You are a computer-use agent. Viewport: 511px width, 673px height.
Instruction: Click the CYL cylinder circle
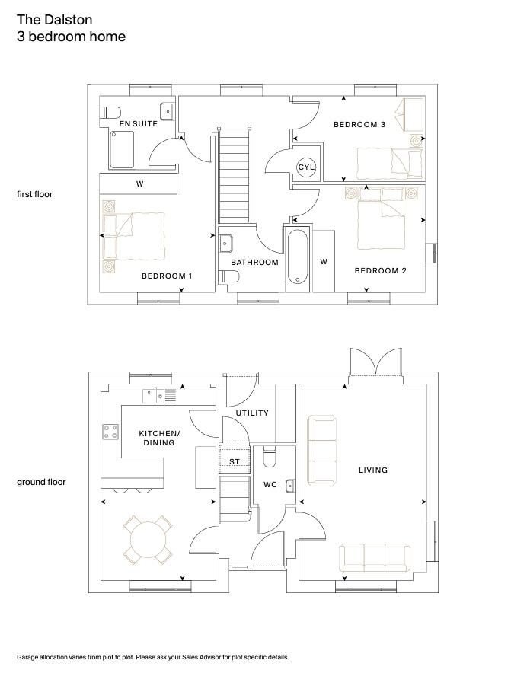pyautogui.click(x=305, y=167)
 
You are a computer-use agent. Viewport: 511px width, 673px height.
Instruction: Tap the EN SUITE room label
pyautogui.click(x=139, y=123)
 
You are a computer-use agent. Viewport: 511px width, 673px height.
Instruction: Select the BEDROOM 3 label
pyautogui.click(x=359, y=124)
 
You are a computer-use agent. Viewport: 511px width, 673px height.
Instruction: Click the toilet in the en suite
pyautogui.click(x=110, y=113)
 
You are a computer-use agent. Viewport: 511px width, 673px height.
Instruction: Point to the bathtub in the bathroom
pyautogui.click(x=297, y=257)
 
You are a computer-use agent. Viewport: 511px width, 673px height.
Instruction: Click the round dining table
pyautogui.click(x=149, y=540)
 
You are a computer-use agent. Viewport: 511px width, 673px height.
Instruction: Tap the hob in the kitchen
pyautogui.click(x=110, y=432)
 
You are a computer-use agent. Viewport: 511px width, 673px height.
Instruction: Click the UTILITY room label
pyautogui.click(x=252, y=413)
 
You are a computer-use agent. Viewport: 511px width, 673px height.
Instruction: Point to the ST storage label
pyautogui.click(x=235, y=462)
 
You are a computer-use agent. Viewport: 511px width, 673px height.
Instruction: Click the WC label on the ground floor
pyautogui.click(x=270, y=485)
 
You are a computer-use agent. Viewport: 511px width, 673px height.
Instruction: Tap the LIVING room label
pyautogui.click(x=372, y=470)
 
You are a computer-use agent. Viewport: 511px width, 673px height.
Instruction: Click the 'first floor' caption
pyautogui.click(x=35, y=194)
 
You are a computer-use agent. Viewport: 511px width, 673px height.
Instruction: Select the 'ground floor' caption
pyautogui.click(x=41, y=482)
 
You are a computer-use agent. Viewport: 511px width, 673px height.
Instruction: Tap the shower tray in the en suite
pyautogui.click(x=123, y=149)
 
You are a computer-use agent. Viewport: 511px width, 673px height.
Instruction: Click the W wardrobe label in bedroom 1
pyautogui.click(x=139, y=184)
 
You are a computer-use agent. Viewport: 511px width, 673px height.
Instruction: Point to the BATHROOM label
pyautogui.click(x=254, y=262)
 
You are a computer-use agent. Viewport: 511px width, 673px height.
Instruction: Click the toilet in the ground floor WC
pyautogui.click(x=270, y=457)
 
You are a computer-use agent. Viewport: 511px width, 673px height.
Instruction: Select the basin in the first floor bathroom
pyautogui.click(x=226, y=244)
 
